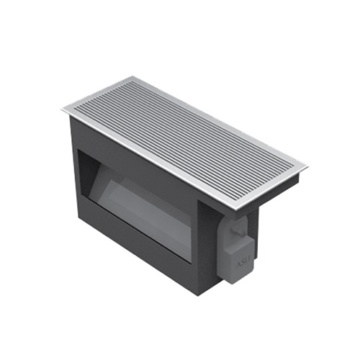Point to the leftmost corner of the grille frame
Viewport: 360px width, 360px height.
[63, 110]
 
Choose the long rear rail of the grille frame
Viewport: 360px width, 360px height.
[220, 121]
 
